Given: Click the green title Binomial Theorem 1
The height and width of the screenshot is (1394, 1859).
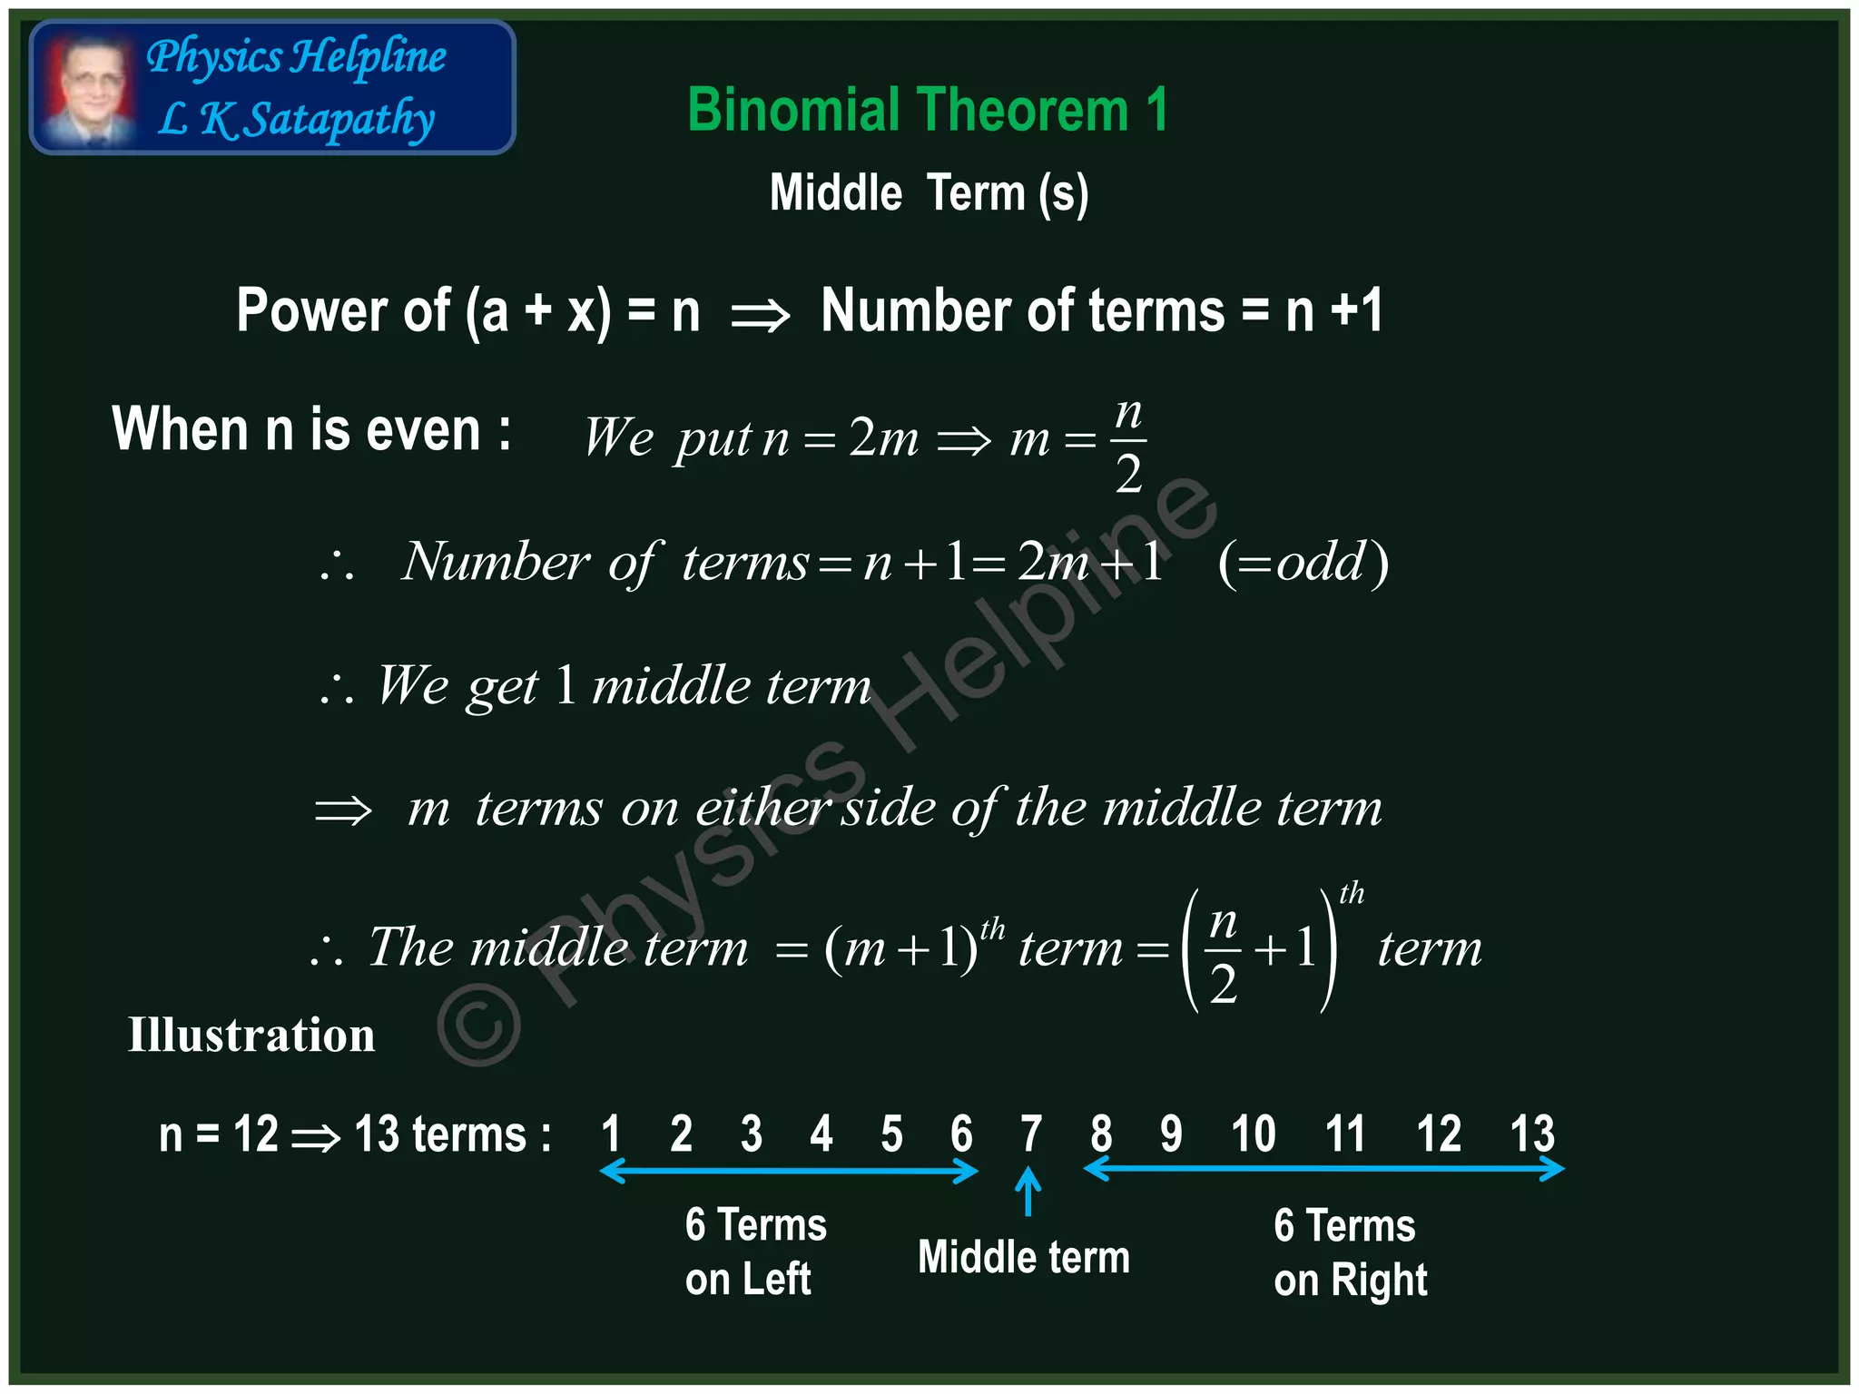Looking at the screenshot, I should coord(927,111).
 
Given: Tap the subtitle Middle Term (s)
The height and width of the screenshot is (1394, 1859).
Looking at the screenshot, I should coord(929,193).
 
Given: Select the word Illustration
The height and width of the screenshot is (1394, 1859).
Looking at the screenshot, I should coord(251,1036).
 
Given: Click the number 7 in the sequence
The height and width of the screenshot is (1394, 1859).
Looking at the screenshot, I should coord(1030,1134).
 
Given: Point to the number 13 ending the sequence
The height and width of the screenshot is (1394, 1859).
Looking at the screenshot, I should coord(1531,1134).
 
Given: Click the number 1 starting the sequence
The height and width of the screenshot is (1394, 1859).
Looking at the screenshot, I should coord(611,1134).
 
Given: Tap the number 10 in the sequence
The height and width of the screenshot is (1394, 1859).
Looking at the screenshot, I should coord(1253,1134).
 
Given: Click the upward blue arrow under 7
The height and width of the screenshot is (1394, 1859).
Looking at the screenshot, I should coord(1028,1191).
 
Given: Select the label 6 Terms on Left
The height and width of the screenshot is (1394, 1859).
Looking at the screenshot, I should coord(755,1252).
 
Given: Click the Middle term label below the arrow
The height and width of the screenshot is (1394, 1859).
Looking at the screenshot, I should coord(1023,1258).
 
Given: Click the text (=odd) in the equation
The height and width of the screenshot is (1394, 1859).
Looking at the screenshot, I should coord(1303,563).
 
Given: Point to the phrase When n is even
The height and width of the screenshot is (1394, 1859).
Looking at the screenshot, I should coord(310,429).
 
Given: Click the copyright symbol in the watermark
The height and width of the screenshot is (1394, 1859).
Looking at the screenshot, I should coord(478,1025).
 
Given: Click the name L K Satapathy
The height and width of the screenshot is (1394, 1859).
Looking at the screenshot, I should coord(296,120).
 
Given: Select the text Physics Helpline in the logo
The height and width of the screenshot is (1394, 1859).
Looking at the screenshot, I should coord(296,56).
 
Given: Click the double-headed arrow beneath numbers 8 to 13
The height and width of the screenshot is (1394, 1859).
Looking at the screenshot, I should coord(1323,1169).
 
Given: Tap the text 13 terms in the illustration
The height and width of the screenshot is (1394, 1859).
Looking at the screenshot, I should coord(451,1134).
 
